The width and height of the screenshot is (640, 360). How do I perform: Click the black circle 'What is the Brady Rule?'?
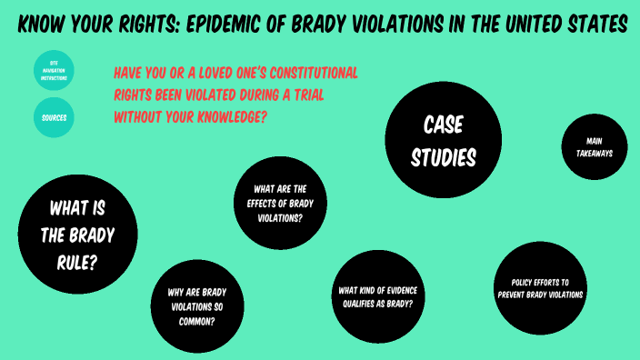78,235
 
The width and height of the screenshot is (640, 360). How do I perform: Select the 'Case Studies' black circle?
444,139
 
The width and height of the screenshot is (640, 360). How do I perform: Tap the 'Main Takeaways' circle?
594,147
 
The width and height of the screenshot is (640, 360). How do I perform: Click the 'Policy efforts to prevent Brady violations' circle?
540,288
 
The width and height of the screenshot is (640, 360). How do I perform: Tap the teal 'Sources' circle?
54,117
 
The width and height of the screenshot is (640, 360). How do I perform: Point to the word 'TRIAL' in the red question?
302,95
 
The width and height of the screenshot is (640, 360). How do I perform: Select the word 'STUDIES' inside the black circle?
444,157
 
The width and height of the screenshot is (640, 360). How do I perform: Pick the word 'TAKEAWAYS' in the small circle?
594,154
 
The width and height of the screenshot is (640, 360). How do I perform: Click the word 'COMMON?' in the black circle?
197,320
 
